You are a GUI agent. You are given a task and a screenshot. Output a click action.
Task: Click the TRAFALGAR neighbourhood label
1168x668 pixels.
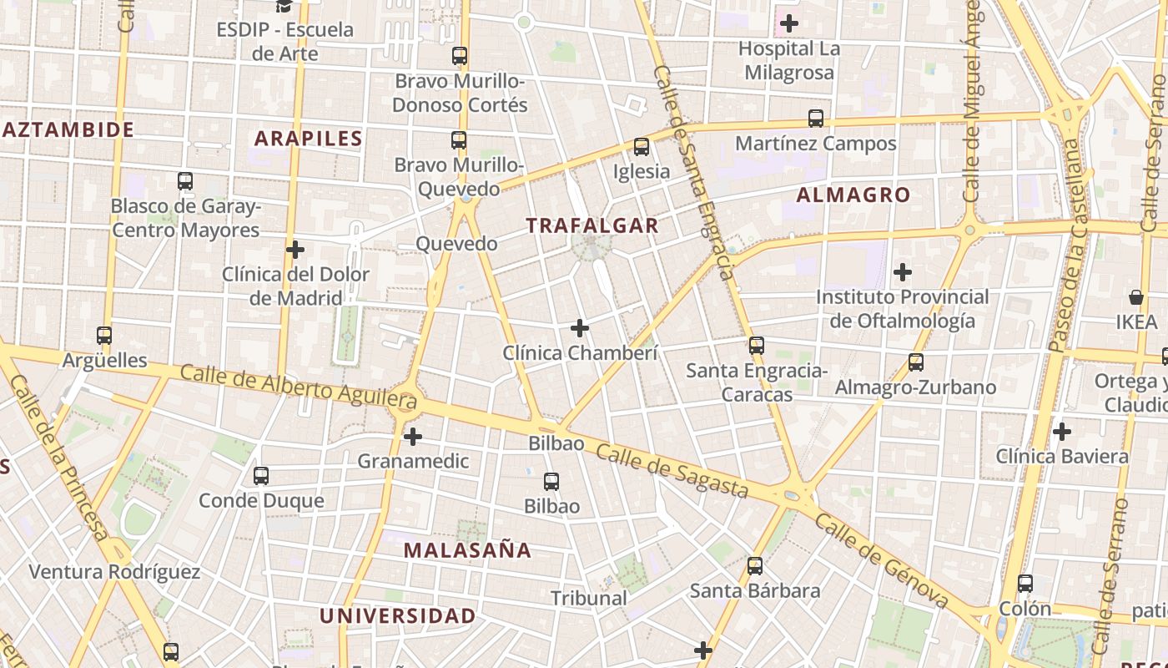pos(592,225)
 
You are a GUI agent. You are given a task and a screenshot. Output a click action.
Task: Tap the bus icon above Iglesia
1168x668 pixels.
pos(641,147)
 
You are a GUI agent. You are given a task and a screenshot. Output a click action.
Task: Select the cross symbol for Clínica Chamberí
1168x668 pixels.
pos(580,328)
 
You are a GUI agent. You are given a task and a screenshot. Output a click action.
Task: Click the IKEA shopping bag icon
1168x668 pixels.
pos(1136,297)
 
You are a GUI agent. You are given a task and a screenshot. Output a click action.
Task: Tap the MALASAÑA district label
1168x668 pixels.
pos(467,550)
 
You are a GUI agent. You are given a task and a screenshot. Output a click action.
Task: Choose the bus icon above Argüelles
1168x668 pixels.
pos(104,336)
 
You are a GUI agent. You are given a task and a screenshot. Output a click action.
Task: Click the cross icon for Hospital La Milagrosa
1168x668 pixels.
pos(788,23)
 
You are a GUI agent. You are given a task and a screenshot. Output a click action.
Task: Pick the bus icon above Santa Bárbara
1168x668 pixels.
pos(755,566)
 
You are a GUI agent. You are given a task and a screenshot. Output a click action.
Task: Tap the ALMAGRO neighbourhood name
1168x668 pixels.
pos(853,195)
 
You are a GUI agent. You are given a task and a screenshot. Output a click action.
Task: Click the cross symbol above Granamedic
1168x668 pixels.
pos(412,436)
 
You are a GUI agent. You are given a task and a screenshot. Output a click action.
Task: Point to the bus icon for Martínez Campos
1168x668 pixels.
pos(816,119)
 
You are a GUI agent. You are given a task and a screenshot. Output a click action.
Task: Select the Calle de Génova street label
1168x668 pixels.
pos(882,561)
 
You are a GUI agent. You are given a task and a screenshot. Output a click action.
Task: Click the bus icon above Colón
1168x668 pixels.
pos(1025,584)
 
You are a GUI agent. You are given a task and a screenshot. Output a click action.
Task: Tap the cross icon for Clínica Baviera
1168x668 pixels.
pos(1061,432)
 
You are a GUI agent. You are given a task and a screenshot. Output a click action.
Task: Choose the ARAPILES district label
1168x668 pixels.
pos(309,139)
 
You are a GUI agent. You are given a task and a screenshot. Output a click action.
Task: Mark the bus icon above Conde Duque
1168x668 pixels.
pos(261,476)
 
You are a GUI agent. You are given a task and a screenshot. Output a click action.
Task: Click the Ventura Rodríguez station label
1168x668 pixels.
pos(114,572)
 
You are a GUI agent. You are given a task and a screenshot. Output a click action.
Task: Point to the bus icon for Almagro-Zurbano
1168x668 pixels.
pos(916,362)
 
